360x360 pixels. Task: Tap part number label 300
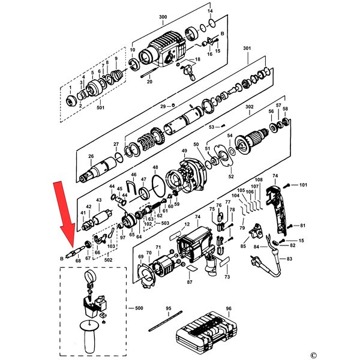click(x=163, y=17)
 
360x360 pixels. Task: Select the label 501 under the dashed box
click(x=100, y=107)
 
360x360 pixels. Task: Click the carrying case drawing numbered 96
click(x=206, y=329)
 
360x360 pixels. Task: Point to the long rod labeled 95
click(x=166, y=321)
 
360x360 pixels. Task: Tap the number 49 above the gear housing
click(x=184, y=151)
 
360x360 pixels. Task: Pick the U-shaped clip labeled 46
click(x=131, y=188)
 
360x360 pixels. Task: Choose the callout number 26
click(x=91, y=156)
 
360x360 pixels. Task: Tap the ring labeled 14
click(x=212, y=23)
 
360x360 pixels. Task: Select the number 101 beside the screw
click(x=303, y=185)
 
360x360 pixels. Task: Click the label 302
click(x=250, y=107)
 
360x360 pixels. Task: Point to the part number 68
click(x=78, y=260)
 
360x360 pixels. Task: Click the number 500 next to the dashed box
click(x=139, y=308)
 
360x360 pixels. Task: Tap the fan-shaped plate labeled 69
click(x=146, y=275)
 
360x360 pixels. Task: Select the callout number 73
click(x=227, y=277)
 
